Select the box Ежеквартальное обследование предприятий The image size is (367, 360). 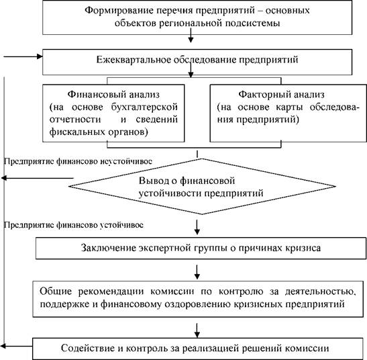click(197, 62)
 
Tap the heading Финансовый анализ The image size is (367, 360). click(113, 94)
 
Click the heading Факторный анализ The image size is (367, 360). click(282, 95)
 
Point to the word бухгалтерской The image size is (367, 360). click(144, 107)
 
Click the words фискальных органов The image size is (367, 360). click(99, 132)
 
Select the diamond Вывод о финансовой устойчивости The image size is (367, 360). click(202, 187)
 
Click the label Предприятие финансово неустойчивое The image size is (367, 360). click(78, 161)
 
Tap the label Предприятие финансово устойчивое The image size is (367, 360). click(74, 225)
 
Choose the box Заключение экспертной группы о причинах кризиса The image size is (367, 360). click(201, 249)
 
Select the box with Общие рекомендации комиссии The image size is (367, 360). click(198, 299)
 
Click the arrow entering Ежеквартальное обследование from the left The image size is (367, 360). click(23, 56)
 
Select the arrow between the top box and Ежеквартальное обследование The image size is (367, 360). click(191, 36)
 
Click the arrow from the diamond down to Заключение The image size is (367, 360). click(197, 227)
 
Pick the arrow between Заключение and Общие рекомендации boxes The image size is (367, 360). click(197, 272)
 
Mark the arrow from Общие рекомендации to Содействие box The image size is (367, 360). click(197, 330)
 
